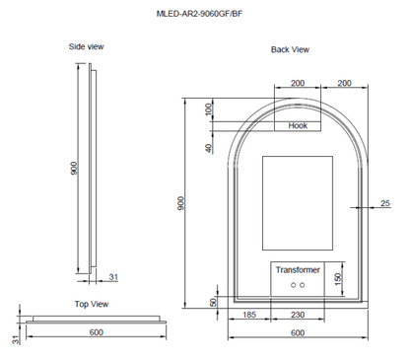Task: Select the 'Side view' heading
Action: coord(87,46)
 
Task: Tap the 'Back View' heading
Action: coord(291,50)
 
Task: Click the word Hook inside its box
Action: coord(298,126)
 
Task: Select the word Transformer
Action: coord(298,269)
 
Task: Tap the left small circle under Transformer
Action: coord(292,285)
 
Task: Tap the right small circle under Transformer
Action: coord(304,285)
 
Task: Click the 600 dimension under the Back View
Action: coord(298,332)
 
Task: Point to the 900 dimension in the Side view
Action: coord(74,169)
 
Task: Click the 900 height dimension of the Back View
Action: coord(181,202)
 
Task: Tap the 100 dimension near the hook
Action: coord(209,108)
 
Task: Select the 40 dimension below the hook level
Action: coord(209,148)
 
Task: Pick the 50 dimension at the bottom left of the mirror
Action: coord(213,302)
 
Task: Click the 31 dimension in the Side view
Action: coord(114,277)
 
